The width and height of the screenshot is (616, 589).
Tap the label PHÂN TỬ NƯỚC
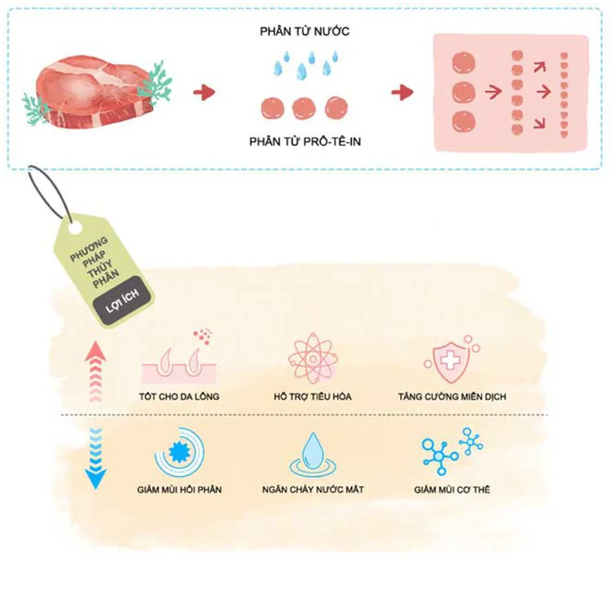point(305,31)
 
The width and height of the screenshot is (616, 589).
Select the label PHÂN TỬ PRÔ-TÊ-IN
point(305,141)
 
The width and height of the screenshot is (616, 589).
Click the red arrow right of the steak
point(204,93)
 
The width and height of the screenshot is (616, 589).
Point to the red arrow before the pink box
point(402,93)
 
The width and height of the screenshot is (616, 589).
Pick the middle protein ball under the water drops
point(304,108)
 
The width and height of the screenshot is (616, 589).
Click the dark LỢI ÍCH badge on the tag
point(122,301)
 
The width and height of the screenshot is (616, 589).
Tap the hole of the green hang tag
point(75,228)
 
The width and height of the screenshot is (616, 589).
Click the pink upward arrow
point(95,372)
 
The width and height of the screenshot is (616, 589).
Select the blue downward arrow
point(95,459)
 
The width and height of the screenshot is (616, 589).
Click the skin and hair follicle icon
point(179,358)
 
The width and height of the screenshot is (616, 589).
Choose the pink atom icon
point(313,360)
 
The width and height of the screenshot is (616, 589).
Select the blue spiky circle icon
point(180,452)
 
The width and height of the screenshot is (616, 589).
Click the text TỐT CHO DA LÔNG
point(179,396)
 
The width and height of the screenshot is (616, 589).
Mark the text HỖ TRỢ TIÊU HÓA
point(313,396)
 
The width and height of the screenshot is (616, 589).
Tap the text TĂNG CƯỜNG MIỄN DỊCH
point(453,396)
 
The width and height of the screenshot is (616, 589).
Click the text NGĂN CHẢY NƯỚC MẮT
point(313,490)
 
